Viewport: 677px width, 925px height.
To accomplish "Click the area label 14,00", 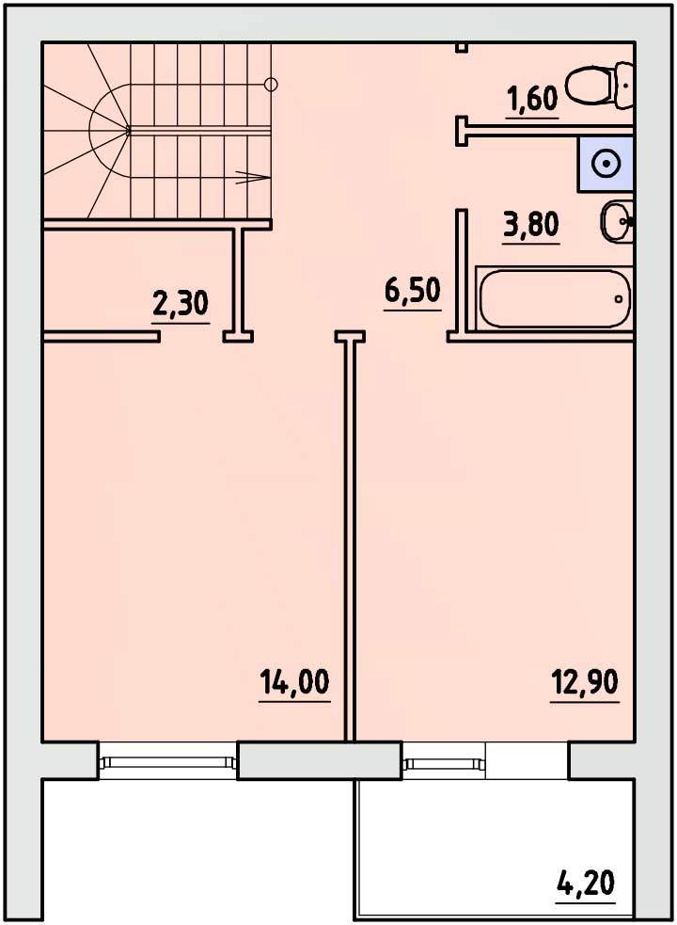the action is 294,684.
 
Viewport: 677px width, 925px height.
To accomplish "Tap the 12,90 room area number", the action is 585,684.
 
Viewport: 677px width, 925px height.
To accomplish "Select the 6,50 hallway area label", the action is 412,292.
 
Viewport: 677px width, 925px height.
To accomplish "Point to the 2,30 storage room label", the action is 181,305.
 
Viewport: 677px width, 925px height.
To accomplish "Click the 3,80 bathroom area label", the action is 530,226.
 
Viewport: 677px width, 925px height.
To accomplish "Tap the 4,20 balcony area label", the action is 586,885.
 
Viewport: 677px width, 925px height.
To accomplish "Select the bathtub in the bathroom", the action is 555,298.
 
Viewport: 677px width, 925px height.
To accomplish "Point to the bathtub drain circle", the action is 619,299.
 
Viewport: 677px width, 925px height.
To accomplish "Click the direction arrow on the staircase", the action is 252,176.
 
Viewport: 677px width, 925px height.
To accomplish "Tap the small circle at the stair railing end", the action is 271,85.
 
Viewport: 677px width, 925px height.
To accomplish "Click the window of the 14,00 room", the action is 168,761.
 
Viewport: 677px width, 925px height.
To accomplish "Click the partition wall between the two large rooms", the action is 351,536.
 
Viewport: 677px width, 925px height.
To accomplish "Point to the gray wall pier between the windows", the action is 319,760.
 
